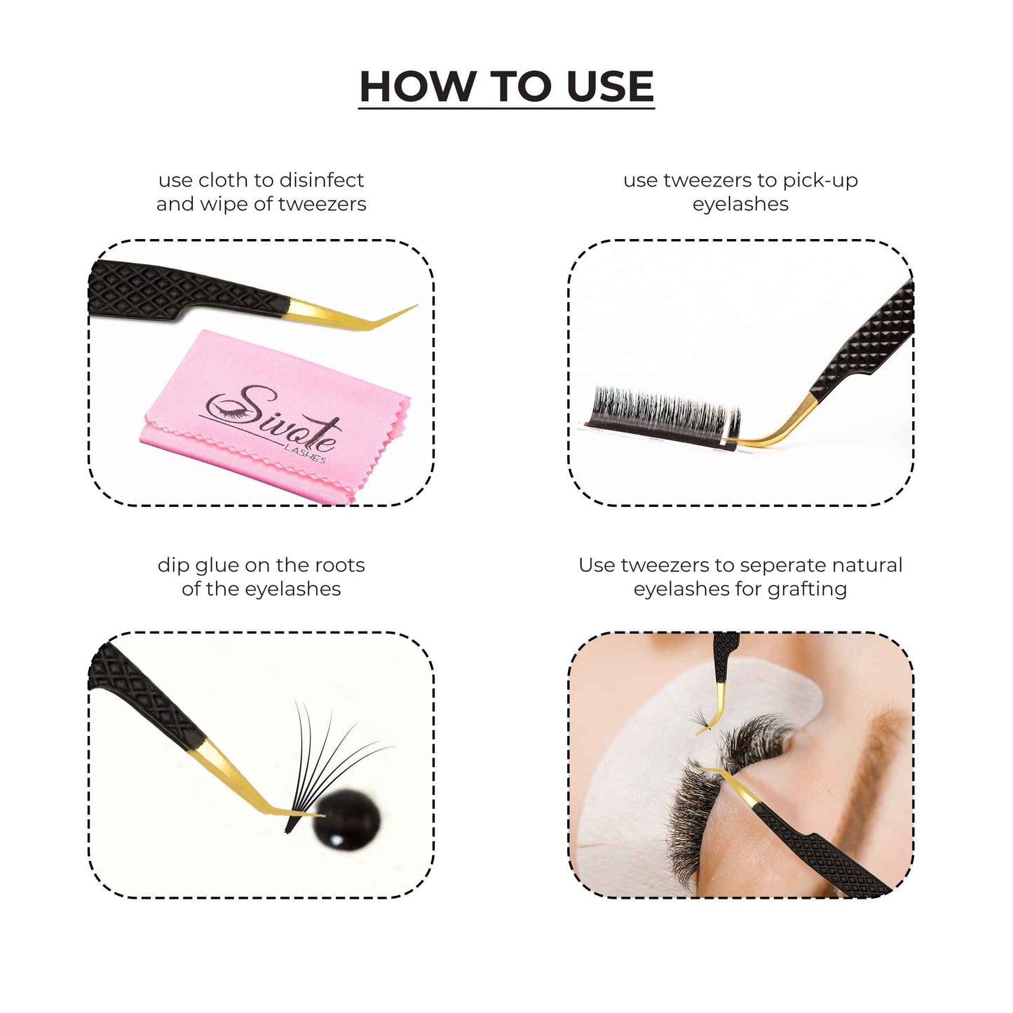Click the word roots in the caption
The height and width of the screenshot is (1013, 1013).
[x=339, y=566]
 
